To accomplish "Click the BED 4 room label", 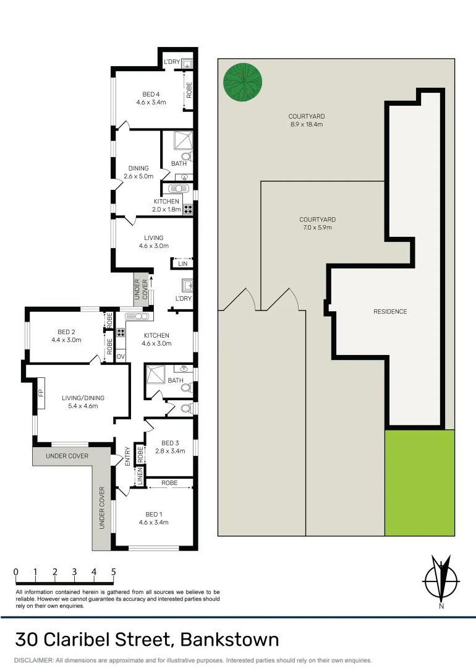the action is [x=151, y=94].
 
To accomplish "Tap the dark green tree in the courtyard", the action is [x=243, y=82].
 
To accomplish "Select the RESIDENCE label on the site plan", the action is [x=390, y=311].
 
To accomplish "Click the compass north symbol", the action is [x=441, y=580].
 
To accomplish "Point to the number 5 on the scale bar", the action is [x=113, y=572].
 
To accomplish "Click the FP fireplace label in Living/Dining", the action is [x=41, y=393].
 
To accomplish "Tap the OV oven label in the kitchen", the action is [x=121, y=356].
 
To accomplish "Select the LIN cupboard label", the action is [x=182, y=263].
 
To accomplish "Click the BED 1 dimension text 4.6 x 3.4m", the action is [x=154, y=522].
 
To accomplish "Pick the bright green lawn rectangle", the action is [x=420, y=482].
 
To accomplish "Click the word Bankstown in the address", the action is [x=230, y=640].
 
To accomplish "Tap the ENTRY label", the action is [x=127, y=456].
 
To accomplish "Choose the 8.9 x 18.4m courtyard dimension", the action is [x=307, y=124].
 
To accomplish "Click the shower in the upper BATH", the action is [x=183, y=140].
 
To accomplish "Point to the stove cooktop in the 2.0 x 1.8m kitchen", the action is [x=188, y=209].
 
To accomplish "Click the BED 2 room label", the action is [x=66, y=332].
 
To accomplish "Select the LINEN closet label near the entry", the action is [x=140, y=476].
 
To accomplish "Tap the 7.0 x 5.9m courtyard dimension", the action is [x=318, y=228].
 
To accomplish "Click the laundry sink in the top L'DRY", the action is [x=187, y=64].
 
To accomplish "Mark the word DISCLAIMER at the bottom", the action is [x=34, y=661].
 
